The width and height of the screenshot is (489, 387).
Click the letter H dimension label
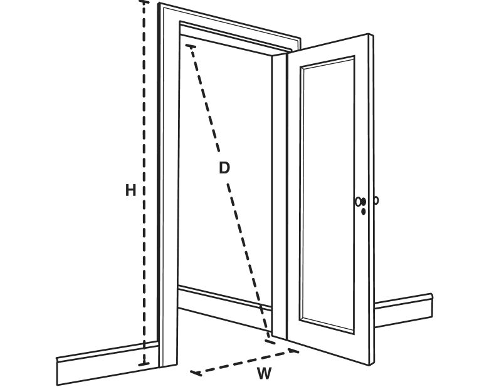click(130, 190)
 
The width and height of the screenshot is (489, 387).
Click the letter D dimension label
click(224, 168)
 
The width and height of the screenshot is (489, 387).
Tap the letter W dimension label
click(264, 373)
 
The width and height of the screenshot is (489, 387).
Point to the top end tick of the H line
click(144, 2)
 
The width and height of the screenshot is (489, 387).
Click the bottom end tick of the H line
click(144, 364)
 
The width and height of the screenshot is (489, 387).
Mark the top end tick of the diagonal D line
click(191, 47)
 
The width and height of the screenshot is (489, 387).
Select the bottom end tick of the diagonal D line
click(270, 341)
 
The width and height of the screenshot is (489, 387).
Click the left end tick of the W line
click(196, 373)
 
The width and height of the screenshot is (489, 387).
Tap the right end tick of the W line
click(293, 351)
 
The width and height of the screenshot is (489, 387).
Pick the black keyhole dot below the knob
click(364, 212)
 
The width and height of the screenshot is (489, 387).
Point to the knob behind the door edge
click(376, 200)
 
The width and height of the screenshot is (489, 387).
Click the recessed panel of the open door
click(327, 194)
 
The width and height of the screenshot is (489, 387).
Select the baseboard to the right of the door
click(403, 311)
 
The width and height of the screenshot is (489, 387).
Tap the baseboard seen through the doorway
click(224, 308)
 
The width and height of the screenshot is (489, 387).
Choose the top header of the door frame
click(230, 29)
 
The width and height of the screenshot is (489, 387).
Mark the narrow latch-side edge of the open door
click(371, 199)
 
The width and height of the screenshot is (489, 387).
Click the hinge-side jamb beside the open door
click(280, 195)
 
